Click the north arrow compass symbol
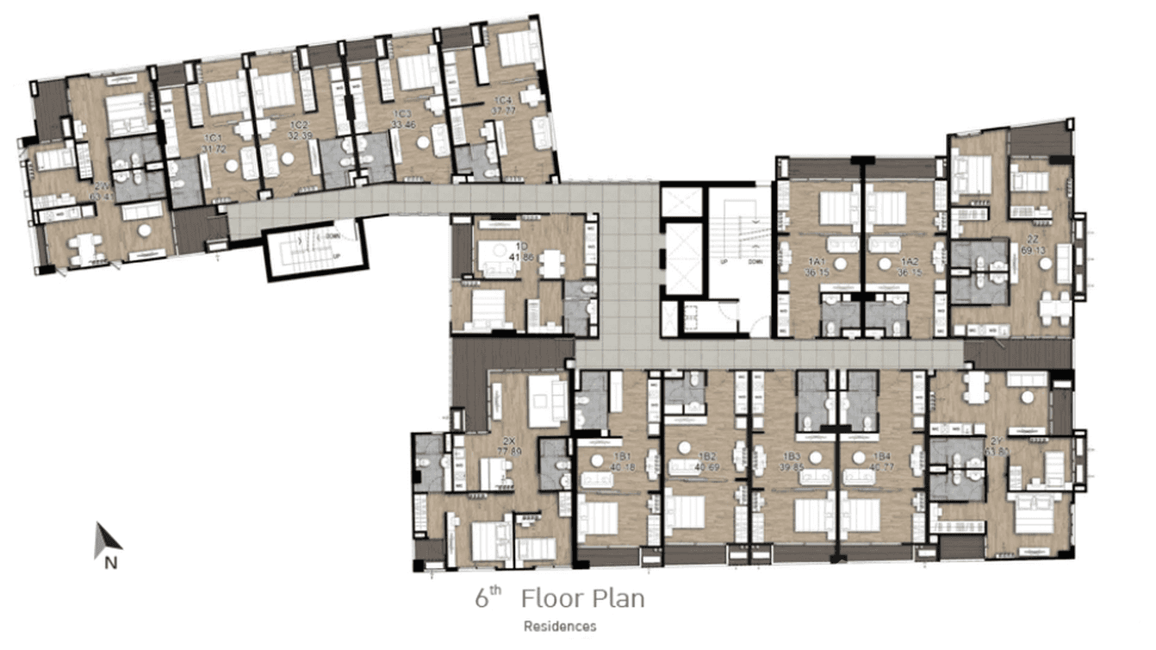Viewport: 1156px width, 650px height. pyautogui.click(x=107, y=540)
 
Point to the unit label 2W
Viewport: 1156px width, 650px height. pyautogui.click(x=102, y=185)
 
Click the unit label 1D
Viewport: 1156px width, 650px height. pyautogui.click(x=521, y=246)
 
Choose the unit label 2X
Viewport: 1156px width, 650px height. pyautogui.click(x=509, y=440)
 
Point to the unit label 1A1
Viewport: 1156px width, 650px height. pyautogui.click(x=816, y=261)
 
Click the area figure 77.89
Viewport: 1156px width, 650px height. pyautogui.click(x=510, y=451)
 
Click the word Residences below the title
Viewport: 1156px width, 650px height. pyautogui.click(x=560, y=627)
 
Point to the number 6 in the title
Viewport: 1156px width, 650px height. pyautogui.click(x=482, y=599)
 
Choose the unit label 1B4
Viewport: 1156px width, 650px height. pyautogui.click(x=881, y=456)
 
